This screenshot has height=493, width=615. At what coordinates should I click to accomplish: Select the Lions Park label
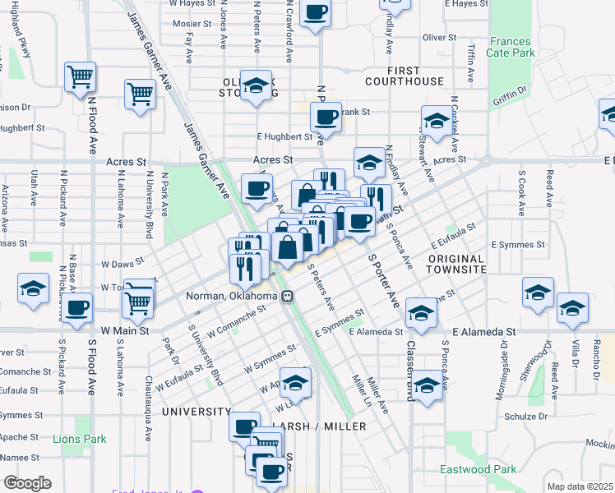pos(80,439)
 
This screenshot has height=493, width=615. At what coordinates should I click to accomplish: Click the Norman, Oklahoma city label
pos(231,296)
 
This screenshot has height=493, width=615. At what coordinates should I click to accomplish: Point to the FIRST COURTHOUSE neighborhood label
pos(404,76)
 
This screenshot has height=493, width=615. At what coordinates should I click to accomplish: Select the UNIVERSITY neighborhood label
pos(197,411)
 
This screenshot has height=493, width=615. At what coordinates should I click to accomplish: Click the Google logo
pos(27,482)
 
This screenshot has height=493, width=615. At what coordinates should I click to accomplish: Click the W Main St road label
pos(123,330)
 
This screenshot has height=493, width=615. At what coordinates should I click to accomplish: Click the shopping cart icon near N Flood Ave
pos(81,77)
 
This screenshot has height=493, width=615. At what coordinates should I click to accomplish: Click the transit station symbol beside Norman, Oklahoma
pos(287,297)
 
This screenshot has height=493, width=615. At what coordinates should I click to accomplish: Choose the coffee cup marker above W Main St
pos(77,308)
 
